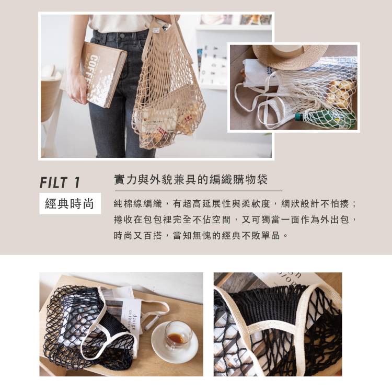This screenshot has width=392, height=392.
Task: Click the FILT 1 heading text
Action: (60, 182)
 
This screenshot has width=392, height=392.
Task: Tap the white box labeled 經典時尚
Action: (70, 203)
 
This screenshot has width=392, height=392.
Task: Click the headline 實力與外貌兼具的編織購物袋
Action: (191, 179)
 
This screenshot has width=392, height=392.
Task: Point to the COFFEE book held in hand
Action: (105, 74)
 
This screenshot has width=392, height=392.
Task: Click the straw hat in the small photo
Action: (290, 56)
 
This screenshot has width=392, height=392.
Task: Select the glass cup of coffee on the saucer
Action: (178, 335)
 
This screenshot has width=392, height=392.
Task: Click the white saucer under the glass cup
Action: (175, 343)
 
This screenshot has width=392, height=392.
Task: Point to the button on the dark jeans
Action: (122, 36)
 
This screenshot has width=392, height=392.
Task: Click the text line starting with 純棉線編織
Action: (235, 204)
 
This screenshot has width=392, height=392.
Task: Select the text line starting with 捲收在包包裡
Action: (235, 220)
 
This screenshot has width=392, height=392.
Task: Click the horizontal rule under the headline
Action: (198, 191)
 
